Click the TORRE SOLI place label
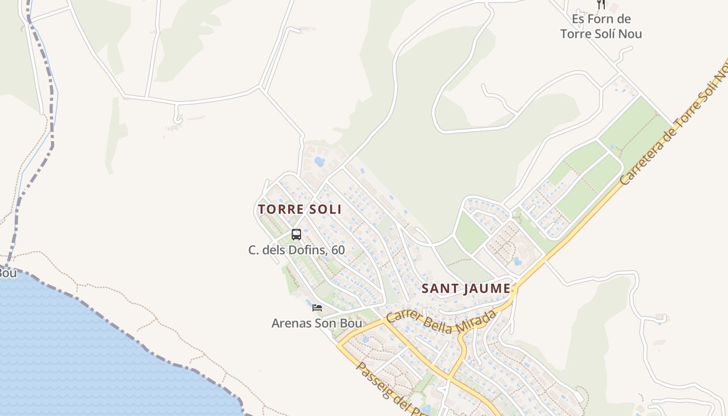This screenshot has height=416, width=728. pos(300,209)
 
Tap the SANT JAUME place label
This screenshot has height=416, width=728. pos(465,288)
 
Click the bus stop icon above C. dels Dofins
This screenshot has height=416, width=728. pos(296,235)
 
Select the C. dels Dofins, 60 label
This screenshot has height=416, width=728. pos(296,250)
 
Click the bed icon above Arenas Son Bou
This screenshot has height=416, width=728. pos(317,308)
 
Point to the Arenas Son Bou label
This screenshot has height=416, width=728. pos(317,323)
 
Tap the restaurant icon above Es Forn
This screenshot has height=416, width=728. pos(601,5)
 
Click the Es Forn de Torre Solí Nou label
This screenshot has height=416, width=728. pos(601,27)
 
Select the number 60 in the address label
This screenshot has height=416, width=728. pos(338,250)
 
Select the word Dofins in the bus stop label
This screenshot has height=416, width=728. pos(310,250)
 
